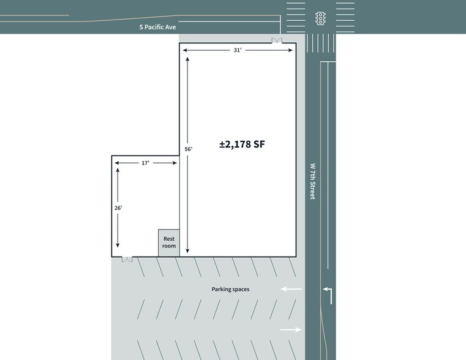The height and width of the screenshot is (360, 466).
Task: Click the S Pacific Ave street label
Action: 157,27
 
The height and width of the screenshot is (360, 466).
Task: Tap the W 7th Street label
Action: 313,181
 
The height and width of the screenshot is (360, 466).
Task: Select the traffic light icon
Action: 320,18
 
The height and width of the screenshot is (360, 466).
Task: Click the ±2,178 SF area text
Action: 242,144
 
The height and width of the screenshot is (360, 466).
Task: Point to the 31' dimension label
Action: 238,50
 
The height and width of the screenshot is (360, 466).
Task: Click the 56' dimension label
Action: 189,149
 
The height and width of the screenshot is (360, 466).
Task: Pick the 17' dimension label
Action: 145,163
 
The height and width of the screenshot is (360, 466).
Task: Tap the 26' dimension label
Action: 118,208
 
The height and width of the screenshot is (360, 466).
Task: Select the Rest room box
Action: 169,242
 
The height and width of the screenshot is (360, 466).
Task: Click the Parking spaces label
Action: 230,290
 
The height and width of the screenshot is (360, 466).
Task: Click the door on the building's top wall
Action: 277,40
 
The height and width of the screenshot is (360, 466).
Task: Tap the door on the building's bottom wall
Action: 127,260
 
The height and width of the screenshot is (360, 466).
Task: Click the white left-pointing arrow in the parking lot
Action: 291,289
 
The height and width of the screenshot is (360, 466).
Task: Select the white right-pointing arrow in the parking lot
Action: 291,329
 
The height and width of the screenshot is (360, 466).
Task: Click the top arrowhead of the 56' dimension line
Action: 187,59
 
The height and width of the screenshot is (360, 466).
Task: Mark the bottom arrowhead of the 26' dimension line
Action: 118,245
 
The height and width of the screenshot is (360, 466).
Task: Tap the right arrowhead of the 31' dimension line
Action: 290,50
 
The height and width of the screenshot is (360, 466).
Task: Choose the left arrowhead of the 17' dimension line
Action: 117,163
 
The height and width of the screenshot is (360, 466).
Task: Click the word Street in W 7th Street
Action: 313,189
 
